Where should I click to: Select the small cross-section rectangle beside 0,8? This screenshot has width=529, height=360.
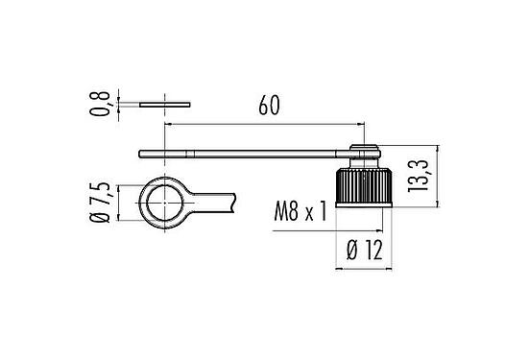click(x=164, y=101)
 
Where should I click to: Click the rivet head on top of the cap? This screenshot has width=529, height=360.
click(x=363, y=149)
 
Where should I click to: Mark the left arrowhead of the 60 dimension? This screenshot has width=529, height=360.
click(x=170, y=124)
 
